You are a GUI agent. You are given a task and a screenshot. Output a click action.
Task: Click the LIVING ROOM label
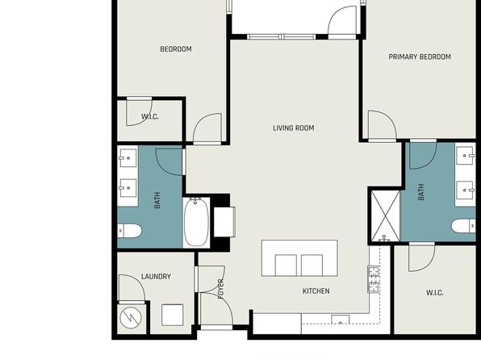point(294,128)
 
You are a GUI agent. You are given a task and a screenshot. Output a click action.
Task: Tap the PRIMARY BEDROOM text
point(420,57)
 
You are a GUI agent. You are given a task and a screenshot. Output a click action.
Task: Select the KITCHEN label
point(316,291)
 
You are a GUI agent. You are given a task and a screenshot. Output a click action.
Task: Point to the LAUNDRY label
point(156,277)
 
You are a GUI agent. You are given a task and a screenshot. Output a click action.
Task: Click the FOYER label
point(221,289)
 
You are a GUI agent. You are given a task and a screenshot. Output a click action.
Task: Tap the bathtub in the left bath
point(197,222)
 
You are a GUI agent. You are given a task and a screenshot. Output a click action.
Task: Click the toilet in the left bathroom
point(130,231)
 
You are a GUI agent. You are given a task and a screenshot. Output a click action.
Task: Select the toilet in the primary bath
point(463,226)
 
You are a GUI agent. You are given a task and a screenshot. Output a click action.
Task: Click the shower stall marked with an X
point(386,216)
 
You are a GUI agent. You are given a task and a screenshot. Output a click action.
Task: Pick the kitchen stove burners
point(374,279)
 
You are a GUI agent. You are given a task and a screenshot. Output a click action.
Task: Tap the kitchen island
point(299,258)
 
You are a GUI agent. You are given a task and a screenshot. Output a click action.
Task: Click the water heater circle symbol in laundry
point(131,318)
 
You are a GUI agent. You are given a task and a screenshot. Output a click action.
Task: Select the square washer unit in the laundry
point(173,315)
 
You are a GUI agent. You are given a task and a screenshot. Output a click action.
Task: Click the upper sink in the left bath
point(128,158)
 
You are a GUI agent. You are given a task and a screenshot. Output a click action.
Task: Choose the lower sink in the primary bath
point(466,190)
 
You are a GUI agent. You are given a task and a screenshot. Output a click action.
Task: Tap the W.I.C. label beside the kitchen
point(435,293)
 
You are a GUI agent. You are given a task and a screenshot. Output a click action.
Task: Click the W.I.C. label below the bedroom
point(150,116)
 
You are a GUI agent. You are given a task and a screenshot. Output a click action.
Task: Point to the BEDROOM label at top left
point(176,49)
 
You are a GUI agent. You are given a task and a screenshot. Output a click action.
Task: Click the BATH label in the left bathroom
point(157,200)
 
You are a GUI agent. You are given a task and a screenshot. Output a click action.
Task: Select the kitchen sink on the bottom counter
point(341,320)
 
